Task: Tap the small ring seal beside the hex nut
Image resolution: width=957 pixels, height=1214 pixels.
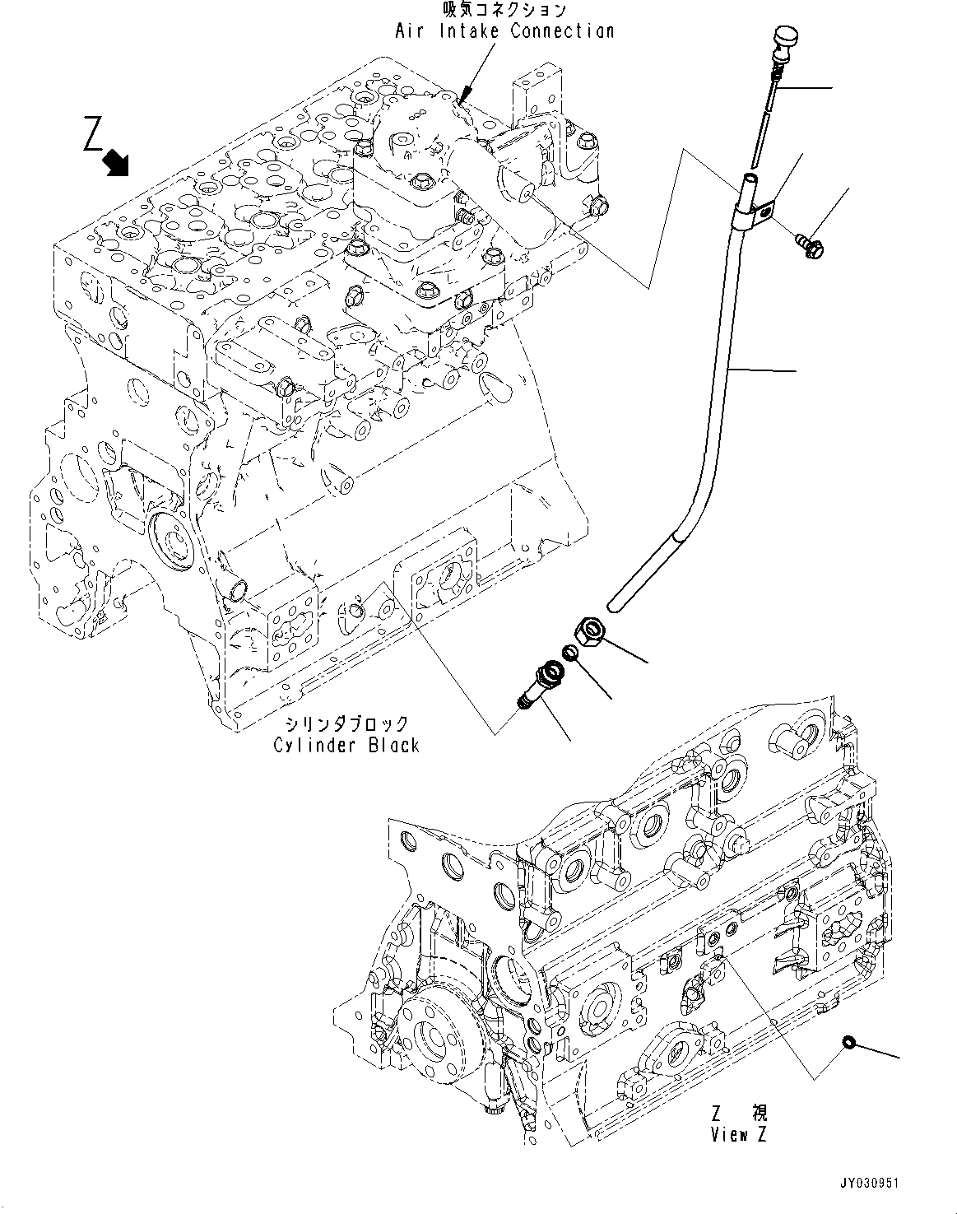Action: pos(569,654)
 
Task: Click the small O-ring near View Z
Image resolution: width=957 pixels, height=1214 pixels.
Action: pos(845,1044)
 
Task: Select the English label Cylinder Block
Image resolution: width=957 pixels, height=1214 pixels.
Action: pos(346,745)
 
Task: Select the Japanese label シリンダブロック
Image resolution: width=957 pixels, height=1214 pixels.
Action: pos(346,724)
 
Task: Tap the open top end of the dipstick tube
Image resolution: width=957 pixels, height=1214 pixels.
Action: pos(750,177)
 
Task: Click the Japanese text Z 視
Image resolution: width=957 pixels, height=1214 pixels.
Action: pos(738,1114)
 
